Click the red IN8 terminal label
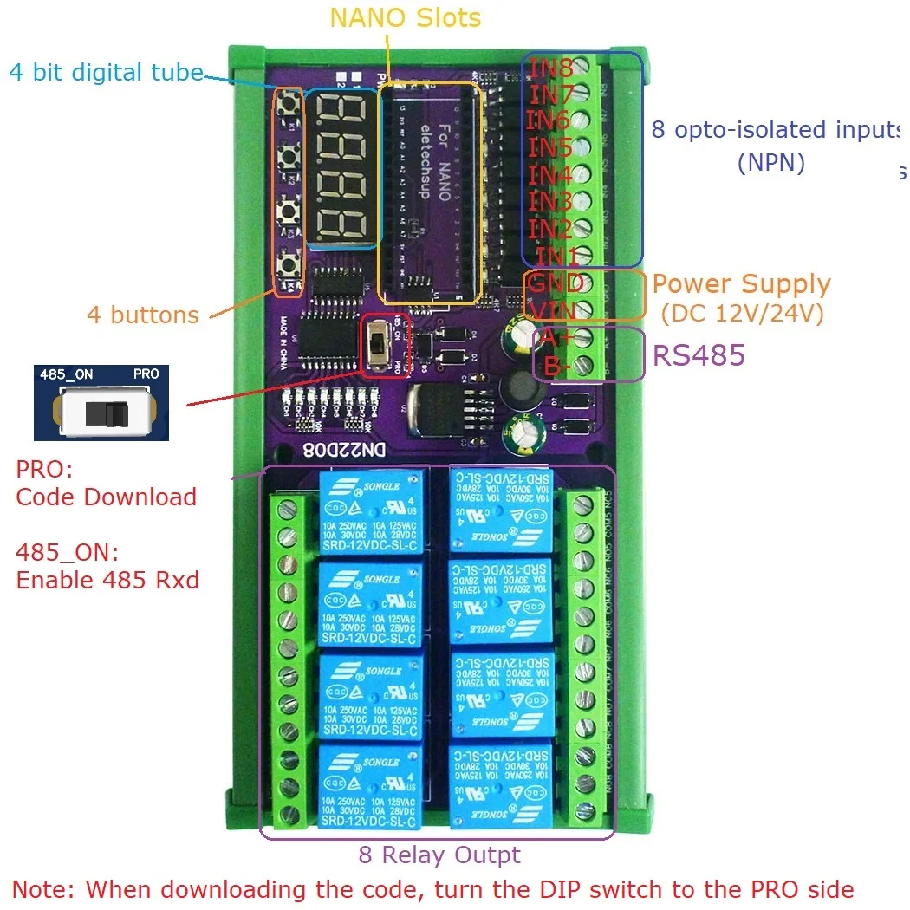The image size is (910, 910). [551, 68]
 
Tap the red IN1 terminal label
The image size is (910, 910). [558, 257]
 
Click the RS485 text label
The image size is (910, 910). [699, 355]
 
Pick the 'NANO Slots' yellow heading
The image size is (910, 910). [406, 17]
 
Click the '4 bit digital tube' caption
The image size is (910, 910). [106, 72]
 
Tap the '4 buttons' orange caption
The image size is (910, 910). [143, 315]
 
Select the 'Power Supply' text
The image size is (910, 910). [741, 284]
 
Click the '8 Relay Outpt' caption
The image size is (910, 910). [439, 855]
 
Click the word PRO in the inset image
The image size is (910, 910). [145, 375]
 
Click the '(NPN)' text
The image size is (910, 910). [770, 162]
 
